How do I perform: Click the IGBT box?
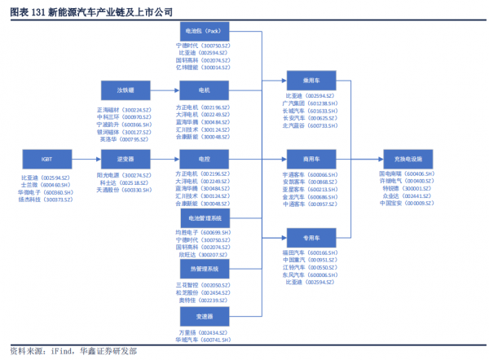click(x=46, y=157)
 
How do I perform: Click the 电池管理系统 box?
click(x=204, y=218)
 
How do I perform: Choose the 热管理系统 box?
click(x=204, y=268)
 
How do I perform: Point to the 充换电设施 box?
click(x=407, y=157)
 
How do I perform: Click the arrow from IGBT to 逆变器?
click(x=86, y=157)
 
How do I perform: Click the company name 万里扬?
click(x=187, y=333)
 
